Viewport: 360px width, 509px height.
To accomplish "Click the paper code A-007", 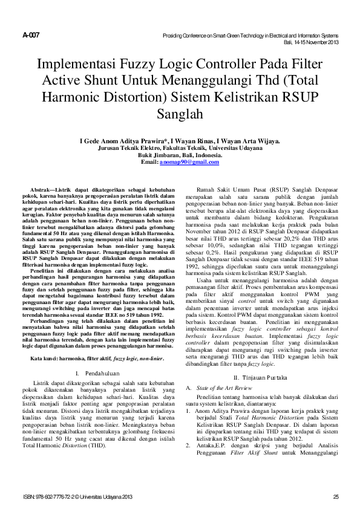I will [x=31, y=35].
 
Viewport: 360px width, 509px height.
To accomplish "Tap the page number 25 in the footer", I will [x=336, y=497].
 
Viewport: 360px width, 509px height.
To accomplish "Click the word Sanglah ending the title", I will [x=180, y=112].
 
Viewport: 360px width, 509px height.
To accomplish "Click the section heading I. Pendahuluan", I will [x=100, y=357].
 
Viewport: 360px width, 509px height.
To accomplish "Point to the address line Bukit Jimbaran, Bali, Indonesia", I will [x=180, y=155].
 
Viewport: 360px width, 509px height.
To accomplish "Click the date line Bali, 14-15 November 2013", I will [x=311, y=42].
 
